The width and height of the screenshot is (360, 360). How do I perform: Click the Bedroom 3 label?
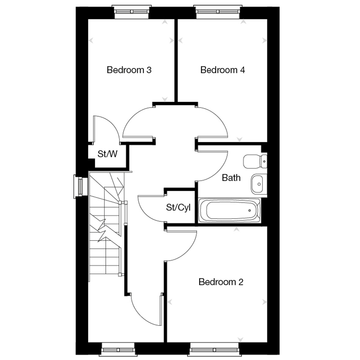129,70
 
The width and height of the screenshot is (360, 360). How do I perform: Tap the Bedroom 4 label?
223,70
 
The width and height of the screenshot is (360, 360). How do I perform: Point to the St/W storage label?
107,154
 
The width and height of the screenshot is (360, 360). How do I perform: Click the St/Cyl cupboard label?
178,208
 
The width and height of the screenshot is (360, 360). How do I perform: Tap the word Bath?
231,178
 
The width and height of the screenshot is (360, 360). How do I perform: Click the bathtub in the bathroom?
229,211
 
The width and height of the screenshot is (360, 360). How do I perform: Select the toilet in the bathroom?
255,161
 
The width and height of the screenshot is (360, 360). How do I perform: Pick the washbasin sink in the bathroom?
259,184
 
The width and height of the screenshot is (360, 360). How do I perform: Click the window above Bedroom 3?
131,12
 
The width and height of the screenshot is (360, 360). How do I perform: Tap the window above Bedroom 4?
218,12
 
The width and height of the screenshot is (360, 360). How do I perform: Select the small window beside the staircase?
81,186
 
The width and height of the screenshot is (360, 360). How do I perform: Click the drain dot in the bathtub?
250,211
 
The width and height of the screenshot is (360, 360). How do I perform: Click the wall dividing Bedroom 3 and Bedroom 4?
176,61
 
